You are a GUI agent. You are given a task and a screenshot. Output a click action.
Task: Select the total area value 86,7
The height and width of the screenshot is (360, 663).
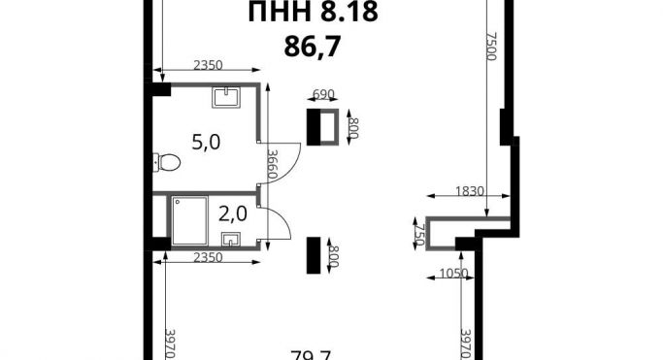click(307, 44)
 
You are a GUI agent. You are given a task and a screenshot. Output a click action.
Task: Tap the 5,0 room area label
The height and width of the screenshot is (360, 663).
click(205, 143)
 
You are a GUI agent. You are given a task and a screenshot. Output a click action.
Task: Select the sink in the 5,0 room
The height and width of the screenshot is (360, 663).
click(225, 94)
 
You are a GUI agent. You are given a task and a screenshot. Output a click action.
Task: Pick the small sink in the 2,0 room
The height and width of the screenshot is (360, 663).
click(231, 239)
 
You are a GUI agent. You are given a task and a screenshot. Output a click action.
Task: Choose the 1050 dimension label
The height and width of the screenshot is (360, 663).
click(454, 273)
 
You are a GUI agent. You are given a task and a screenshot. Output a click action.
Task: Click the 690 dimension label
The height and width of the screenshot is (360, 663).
click(322, 94)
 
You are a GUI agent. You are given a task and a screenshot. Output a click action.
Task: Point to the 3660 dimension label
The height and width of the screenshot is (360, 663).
click(274, 167)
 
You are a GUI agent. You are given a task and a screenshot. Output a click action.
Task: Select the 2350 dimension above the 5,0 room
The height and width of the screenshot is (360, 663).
click(208, 65)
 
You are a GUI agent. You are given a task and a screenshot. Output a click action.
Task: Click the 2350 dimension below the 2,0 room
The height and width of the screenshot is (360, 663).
click(208, 256)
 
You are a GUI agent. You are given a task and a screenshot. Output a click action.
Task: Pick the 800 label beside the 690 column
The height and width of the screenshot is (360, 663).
click(353, 127)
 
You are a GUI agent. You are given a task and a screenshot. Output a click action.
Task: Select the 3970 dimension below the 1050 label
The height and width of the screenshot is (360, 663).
click(465, 342)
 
